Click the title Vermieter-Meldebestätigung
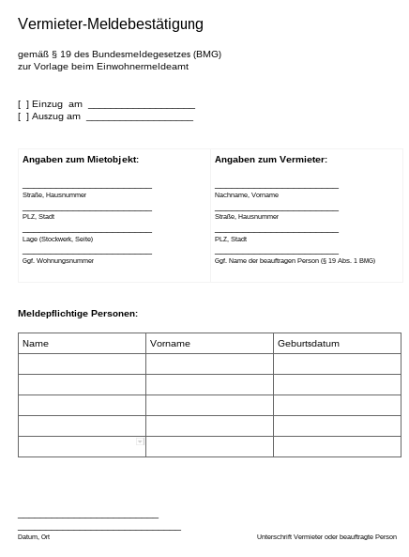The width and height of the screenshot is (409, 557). [x=111, y=24]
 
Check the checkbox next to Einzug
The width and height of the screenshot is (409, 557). [x=23, y=104]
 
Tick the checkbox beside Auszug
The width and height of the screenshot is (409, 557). [x=23, y=116]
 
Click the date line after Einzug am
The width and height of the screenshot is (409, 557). [x=141, y=105]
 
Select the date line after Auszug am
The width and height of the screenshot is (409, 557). [x=139, y=117]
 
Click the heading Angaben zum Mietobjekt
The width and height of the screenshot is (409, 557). [x=81, y=160]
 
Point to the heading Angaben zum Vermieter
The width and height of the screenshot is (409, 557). [x=271, y=160]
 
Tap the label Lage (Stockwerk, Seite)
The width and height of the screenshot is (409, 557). [x=57, y=239]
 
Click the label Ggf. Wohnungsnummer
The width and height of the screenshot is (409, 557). [x=58, y=260]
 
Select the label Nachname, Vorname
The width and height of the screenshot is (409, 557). [x=247, y=194]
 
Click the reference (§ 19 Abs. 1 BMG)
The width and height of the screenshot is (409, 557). [x=346, y=260]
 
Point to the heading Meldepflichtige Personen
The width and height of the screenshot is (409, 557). [x=78, y=313]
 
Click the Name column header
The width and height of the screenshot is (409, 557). [x=36, y=344]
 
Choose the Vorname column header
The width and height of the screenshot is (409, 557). [x=170, y=344]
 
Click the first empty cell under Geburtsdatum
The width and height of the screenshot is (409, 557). [x=337, y=364]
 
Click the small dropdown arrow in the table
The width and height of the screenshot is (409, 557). [x=140, y=441]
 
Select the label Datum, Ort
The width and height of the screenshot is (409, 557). [x=34, y=537]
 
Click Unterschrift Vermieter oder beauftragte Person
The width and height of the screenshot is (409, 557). [x=326, y=537]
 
